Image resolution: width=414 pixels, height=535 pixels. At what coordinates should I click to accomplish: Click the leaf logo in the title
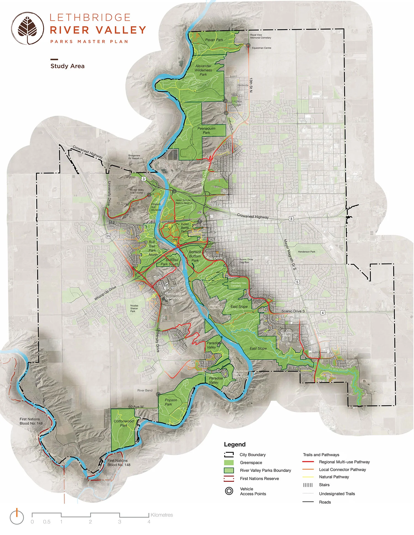tap(27, 28)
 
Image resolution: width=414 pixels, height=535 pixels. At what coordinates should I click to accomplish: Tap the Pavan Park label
tap(214, 40)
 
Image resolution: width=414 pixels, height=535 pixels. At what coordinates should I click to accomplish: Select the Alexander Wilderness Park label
tap(203, 70)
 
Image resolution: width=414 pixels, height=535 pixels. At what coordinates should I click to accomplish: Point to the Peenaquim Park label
tap(206, 131)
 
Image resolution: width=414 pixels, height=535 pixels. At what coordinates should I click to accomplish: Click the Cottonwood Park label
tap(123, 423)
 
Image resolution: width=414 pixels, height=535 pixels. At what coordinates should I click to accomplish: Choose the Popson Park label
tap(171, 402)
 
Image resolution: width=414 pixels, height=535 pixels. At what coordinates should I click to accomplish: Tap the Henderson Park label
tap(306, 252)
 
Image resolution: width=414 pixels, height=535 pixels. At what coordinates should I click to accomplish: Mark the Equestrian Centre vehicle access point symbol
tap(248, 45)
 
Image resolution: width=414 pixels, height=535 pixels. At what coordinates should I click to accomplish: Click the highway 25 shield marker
tap(108, 236)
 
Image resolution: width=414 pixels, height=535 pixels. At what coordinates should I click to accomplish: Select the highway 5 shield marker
tap(297, 282)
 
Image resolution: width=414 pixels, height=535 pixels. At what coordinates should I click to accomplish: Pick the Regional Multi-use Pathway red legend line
tap(308, 462)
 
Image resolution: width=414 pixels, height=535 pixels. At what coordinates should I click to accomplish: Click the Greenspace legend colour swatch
tap(229, 463)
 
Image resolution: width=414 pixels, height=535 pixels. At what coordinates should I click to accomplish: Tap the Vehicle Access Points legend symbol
tap(229, 491)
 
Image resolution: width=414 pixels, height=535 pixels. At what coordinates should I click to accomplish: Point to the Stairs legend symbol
tap(308, 485)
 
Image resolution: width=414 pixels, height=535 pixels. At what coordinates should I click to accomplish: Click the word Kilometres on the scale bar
tap(162, 515)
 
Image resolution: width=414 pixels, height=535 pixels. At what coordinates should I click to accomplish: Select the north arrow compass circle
tap(17, 517)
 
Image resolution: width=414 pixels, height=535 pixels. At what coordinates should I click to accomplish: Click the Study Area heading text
tap(67, 66)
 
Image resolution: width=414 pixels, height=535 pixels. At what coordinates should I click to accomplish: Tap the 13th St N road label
tap(251, 85)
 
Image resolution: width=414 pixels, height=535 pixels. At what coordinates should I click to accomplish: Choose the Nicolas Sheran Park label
tap(134, 308)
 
